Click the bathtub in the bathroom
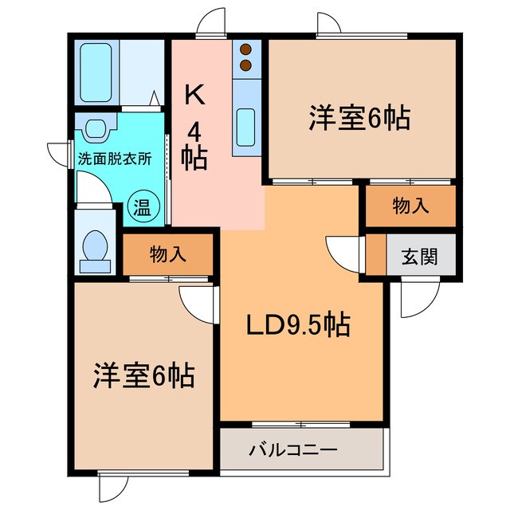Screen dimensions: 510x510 click(x=96, y=73)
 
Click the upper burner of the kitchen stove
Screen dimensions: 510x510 click(x=245, y=50)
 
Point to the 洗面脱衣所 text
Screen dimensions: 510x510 click(x=113, y=157)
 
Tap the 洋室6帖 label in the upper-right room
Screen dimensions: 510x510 click(x=359, y=119)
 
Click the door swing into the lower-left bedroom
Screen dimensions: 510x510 click(x=197, y=302)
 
